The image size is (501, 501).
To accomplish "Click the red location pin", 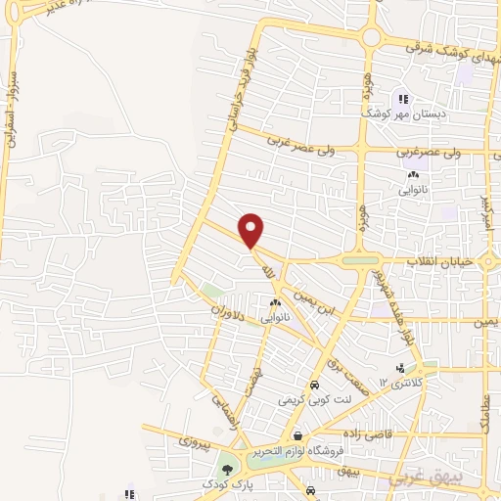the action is pyautogui.click(x=252, y=229).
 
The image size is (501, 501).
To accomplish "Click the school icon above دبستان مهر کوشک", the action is pyautogui.click(x=401, y=98).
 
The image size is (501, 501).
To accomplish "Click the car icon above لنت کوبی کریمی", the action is pyautogui.click(x=313, y=385).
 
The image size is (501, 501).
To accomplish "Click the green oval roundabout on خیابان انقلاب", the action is pyautogui.click(x=361, y=260).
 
